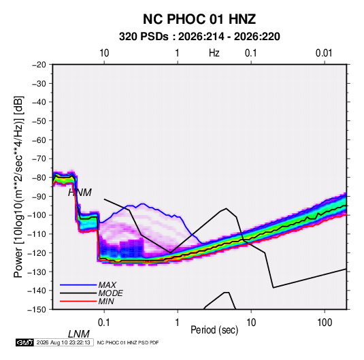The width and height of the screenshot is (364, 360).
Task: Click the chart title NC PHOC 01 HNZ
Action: coord(199,19)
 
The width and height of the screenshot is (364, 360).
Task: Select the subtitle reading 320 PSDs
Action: coord(144,37)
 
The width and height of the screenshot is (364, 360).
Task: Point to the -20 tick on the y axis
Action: coord(39,65)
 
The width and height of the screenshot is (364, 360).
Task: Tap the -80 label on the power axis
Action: coord(39,178)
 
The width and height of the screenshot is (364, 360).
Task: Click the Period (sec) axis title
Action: coord(214,330)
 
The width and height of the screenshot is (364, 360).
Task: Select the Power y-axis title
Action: coord(18,187)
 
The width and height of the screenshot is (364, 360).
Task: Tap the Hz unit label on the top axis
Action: coord(214,53)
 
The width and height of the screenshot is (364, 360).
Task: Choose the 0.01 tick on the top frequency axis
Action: coord(324,53)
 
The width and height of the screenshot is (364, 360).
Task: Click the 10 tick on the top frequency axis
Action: coord(104,53)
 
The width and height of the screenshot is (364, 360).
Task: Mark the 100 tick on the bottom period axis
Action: coord(325,323)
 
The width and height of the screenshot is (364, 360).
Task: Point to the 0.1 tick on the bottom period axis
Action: coord(104,323)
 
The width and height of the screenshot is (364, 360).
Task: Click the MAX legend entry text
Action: coord(107,285)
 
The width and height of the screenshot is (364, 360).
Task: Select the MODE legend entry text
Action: coord(110,293)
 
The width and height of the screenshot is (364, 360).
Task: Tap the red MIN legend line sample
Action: coord(78,301)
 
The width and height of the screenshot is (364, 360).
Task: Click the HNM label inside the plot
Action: coord(80,193)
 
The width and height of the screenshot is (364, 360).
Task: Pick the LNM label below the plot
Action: coord(79,334)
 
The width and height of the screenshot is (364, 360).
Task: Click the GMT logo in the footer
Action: coord(24,342)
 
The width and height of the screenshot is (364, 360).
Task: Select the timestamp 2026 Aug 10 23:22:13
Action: coord(63,342)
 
